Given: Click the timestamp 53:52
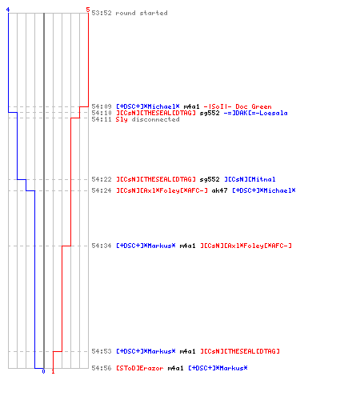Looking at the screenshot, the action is point(102,13).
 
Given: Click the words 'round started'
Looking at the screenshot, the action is point(142,13).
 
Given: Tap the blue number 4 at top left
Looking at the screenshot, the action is point(8,10).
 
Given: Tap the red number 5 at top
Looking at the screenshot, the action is point(88,10).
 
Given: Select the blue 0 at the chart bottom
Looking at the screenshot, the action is point(43,371).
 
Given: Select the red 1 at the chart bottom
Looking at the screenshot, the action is point(53,371).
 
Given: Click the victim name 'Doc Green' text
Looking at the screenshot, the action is point(254,106).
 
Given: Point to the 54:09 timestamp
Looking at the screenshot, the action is point(102,106).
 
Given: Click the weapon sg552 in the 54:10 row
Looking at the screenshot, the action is point(210,113).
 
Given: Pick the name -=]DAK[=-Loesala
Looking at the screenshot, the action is point(255,113).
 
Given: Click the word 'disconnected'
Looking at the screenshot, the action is point(155,119).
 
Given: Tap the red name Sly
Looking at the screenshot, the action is point(122,119).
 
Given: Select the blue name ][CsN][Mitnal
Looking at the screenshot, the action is point(250,179).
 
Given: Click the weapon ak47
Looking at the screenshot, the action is point(219,190).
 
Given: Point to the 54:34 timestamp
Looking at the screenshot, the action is point(102,246).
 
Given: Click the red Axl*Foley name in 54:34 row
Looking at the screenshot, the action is point(246,246).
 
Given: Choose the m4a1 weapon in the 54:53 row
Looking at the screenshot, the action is point(187,351).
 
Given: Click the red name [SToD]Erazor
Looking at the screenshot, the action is point(140,368).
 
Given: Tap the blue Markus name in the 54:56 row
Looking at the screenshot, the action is point(218,368).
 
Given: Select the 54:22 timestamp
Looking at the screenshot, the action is point(102,179).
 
